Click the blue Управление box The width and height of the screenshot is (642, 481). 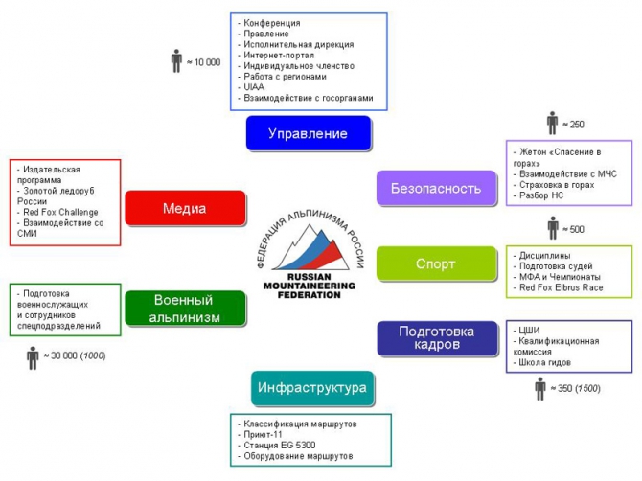(308, 133)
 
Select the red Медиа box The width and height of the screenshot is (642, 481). (185, 208)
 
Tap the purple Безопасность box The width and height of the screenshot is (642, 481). (435, 188)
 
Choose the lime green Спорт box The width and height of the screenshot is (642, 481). (435, 263)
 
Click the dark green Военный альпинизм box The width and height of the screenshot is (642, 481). (185, 309)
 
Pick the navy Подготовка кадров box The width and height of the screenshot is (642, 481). (436, 336)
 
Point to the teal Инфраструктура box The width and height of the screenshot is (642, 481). (311, 388)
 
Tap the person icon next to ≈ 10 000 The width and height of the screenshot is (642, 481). (176, 61)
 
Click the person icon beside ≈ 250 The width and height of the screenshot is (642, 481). (552, 124)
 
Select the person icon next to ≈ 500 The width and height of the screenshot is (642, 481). (552, 229)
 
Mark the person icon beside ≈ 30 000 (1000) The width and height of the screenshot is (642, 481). (33, 356)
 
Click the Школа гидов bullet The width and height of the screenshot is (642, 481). (547, 364)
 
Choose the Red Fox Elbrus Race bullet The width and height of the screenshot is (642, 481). (561, 287)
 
